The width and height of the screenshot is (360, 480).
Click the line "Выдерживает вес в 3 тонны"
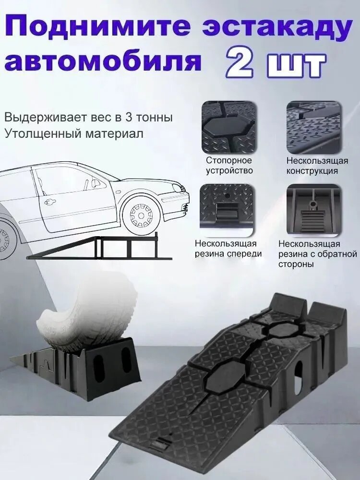click(x=88, y=118)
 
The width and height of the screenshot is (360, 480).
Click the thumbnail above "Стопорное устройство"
click(x=228, y=127)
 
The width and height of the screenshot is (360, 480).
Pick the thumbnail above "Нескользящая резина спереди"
click(x=228, y=207)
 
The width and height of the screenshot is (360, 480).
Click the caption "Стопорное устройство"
click(x=229, y=165)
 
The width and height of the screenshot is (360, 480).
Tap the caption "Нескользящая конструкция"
click(x=317, y=165)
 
